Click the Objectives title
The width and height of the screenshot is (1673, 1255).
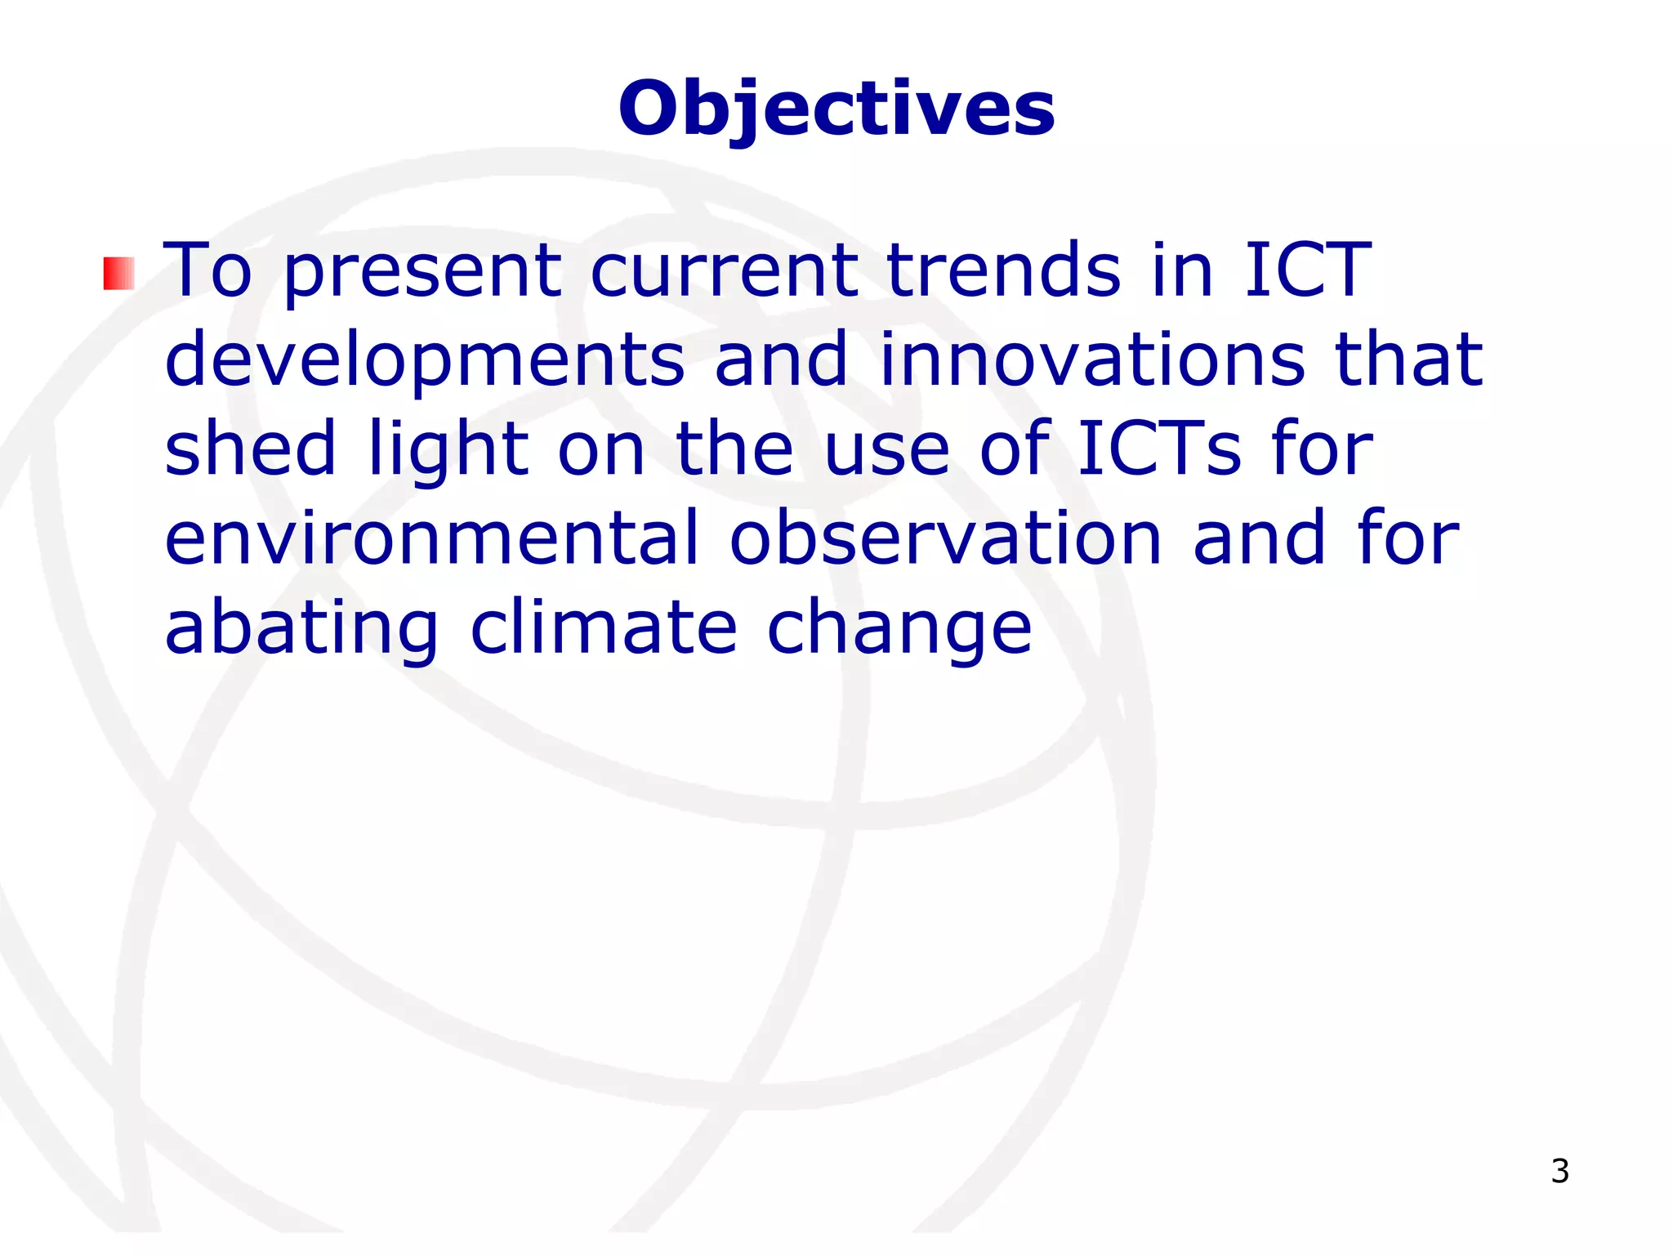click(836, 110)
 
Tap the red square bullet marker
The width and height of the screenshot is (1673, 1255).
click(118, 274)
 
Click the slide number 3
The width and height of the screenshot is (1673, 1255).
click(1559, 1171)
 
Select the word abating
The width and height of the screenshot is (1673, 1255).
click(301, 629)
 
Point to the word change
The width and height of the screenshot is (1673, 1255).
click(899, 629)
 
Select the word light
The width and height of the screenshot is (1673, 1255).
click(448, 449)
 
